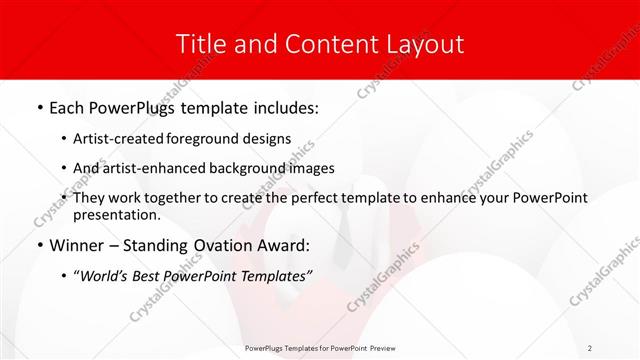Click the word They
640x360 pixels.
coord(91,198)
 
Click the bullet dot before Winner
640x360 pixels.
coord(39,246)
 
